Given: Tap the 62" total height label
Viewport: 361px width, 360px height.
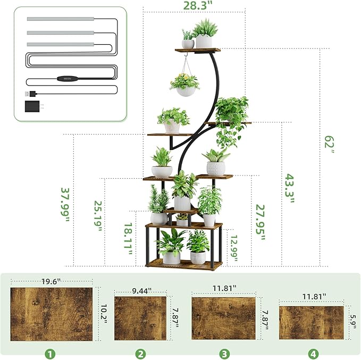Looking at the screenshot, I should pyautogui.click(x=330, y=144).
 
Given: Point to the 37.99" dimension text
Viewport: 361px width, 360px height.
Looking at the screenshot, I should pyautogui.click(x=65, y=205).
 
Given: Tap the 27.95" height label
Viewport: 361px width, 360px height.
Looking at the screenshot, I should pyautogui.click(x=259, y=223).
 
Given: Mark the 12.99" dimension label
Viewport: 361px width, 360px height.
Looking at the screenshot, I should pyautogui.click(x=232, y=246).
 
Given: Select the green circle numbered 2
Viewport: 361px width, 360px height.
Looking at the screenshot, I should pyautogui.click(x=140, y=353).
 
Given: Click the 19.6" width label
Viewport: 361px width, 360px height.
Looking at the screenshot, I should pyautogui.click(x=51, y=280).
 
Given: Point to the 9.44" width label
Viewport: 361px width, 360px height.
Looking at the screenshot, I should pyautogui.click(x=141, y=291).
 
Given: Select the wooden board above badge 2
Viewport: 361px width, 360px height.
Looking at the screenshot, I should pyautogui.click(x=140, y=318).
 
